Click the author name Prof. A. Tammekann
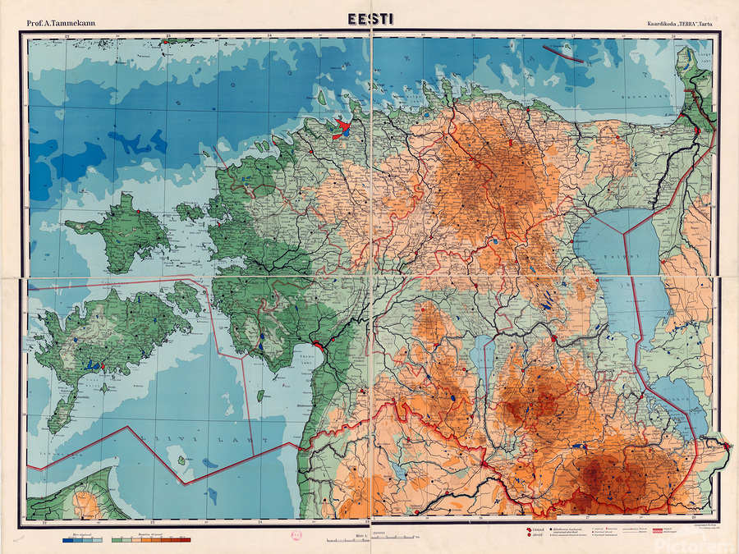(x=61, y=22)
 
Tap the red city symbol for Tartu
(x=554, y=337)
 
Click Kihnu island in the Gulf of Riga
(x=261, y=396)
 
